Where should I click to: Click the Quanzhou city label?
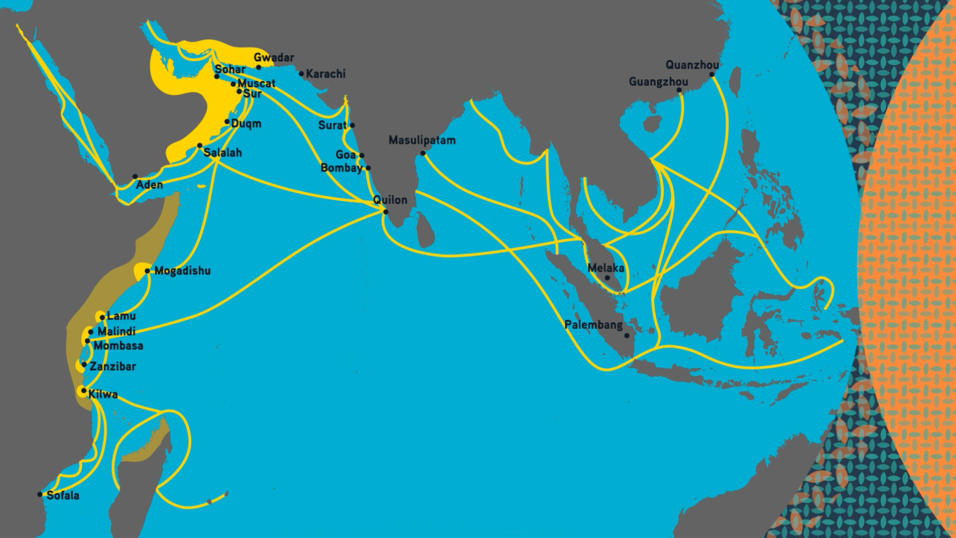click(692, 65)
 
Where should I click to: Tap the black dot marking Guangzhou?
click(679, 90)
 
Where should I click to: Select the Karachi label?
click(325, 74)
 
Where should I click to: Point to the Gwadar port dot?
click(258, 67)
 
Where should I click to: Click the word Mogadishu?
click(182, 271)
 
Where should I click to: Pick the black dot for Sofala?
click(40, 495)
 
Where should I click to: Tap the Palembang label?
click(593, 325)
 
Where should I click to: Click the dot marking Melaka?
click(607, 278)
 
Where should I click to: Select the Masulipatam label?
click(422, 140)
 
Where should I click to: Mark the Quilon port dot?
click(386, 212)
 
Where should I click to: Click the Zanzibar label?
click(113, 367)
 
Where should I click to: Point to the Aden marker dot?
click(135, 177)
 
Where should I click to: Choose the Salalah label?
click(223, 153)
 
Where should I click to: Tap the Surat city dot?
click(352, 126)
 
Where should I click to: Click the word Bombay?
click(341, 168)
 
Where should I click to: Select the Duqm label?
click(246, 124)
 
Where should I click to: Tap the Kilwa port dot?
click(84, 391)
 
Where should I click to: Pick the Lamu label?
click(121, 316)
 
